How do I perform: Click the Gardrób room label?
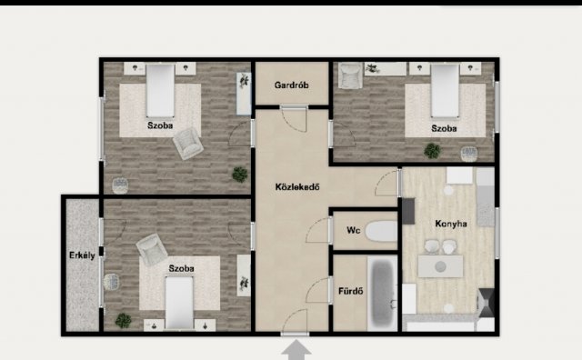[291, 85]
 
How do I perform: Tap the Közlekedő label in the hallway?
[297, 186]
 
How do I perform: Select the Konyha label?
[451, 224]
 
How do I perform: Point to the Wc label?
[354, 231]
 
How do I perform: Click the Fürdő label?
[351, 291]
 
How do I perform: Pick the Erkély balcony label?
[82, 255]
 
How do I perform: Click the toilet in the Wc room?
[381, 231]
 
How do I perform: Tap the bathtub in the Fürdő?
[382, 293]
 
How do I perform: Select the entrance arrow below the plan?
[296, 351]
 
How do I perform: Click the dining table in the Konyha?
[440, 266]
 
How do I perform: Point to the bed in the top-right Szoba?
[445, 91]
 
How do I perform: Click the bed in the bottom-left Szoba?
[179, 303]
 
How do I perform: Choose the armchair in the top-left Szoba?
[188, 144]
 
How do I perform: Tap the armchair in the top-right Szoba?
[350, 75]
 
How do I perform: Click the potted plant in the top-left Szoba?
[240, 174]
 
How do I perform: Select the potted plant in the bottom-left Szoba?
[123, 320]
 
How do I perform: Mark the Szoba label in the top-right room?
[444, 128]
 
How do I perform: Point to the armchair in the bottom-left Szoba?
[151, 250]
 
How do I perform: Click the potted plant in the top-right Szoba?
[433, 151]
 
